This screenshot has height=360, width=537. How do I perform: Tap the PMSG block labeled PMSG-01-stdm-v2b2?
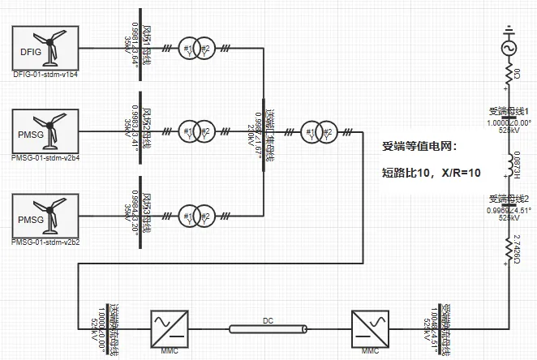(45, 215)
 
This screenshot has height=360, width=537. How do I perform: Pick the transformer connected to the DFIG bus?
(195, 48)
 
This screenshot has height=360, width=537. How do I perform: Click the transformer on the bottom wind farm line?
(195, 216)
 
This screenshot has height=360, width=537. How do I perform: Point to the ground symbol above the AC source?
(509, 32)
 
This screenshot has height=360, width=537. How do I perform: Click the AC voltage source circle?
(509, 49)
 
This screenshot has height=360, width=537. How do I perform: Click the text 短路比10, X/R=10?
(431, 172)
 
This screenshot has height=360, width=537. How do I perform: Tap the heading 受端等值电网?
(419, 147)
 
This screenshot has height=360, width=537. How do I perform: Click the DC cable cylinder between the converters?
(268, 328)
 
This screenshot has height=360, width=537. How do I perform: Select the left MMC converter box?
(171, 328)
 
